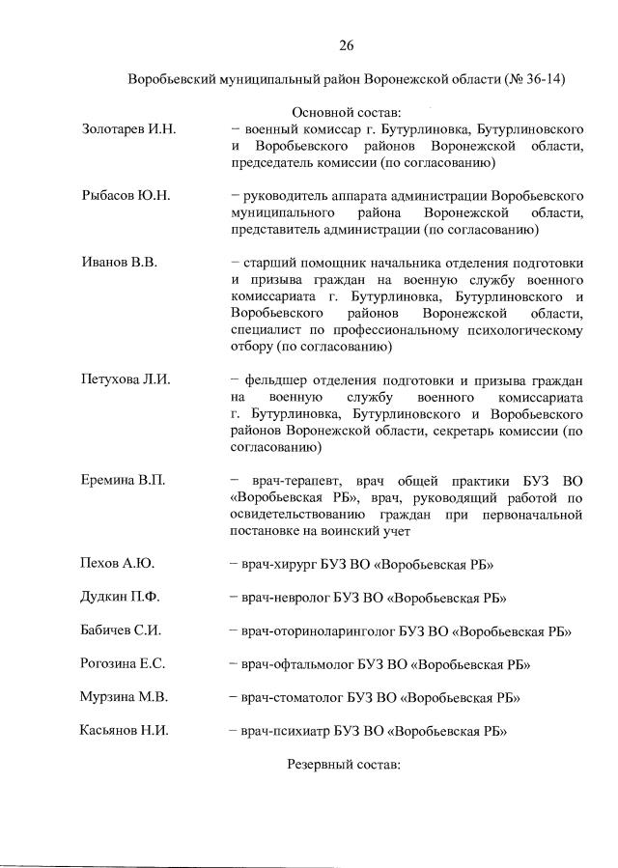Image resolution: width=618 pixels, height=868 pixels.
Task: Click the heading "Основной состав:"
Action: (x=347, y=112)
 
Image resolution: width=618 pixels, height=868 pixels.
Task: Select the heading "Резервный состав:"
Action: (x=343, y=764)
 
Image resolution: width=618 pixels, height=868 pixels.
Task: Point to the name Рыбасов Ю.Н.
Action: (x=126, y=196)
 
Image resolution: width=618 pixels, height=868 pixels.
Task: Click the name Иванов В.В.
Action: (x=118, y=263)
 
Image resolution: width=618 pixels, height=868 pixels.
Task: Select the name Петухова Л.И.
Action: (x=126, y=379)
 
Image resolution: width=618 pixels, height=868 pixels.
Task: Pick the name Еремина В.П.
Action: (x=123, y=480)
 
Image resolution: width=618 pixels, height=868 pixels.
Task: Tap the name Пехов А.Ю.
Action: (x=117, y=564)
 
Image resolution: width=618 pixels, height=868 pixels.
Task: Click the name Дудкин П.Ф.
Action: (x=120, y=598)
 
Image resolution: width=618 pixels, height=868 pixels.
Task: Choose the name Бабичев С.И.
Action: (x=120, y=630)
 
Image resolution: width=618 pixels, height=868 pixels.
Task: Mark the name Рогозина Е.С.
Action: (x=123, y=664)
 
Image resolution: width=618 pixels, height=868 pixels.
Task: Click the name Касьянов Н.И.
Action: (x=124, y=731)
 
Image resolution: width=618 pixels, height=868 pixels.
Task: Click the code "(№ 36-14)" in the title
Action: (x=533, y=78)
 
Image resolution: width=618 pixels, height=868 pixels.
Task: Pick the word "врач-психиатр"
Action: (x=286, y=731)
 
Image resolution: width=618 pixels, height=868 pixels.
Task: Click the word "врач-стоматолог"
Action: (x=292, y=697)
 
